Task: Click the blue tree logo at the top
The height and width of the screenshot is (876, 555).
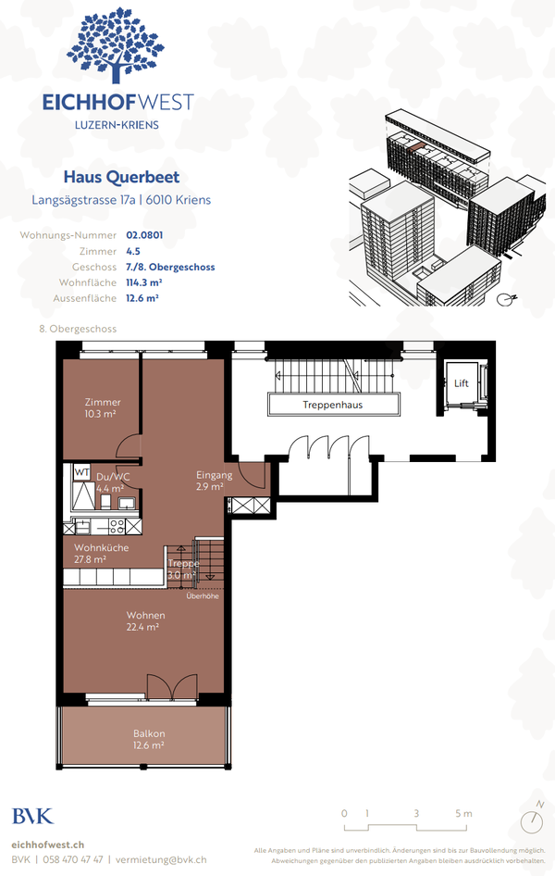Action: [x=117, y=46]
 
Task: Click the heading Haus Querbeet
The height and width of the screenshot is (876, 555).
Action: [x=121, y=177]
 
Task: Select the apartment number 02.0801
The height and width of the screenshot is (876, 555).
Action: [x=144, y=235]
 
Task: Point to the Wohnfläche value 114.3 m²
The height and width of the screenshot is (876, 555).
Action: [x=144, y=282]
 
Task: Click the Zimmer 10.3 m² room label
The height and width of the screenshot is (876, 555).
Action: [x=102, y=408]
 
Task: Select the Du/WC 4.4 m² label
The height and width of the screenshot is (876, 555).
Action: [x=112, y=482]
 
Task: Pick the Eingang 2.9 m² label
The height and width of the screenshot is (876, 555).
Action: [x=208, y=480]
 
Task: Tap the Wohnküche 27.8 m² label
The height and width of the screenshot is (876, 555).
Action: [x=102, y=553]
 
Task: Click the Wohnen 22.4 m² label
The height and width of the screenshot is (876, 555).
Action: [x=146, y=620]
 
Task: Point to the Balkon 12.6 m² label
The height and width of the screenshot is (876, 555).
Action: [x=148, y=739]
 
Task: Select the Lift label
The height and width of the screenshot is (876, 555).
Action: [x=461, y=382]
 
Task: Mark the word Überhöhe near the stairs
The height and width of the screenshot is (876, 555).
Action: [x=202, y=595]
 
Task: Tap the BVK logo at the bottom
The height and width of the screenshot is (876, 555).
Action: [x=32, y=816]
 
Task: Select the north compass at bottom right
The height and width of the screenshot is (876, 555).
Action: [x=532, y=820]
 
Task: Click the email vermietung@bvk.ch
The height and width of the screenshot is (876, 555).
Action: [x=164, y=859]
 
